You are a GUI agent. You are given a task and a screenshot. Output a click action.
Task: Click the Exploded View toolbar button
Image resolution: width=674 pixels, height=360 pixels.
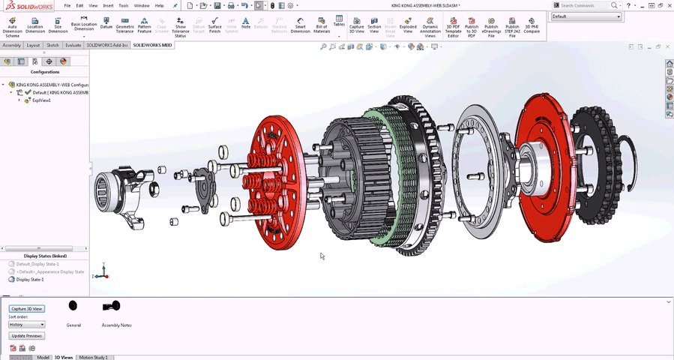point(408,25)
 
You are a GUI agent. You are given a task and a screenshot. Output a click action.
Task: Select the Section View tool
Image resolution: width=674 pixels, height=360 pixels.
point(374,25)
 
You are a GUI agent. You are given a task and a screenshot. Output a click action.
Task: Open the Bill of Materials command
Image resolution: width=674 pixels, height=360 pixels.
point(322,25)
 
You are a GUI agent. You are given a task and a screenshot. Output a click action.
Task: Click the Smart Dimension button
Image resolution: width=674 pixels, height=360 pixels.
point(300,25)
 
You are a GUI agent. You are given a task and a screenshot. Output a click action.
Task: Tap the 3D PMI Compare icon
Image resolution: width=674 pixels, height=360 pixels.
point(532,25)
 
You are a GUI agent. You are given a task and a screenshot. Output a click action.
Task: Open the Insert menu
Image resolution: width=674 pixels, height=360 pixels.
point(108,5)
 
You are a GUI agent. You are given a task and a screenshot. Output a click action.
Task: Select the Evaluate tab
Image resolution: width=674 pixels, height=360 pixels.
point(73,45)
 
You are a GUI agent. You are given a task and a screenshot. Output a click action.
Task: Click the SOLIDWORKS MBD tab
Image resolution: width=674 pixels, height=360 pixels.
point(152,45)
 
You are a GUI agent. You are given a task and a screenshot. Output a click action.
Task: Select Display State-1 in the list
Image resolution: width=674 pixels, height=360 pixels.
point(30,279)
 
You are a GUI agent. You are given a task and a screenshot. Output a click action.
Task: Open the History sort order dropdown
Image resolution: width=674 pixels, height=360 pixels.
point(27,325)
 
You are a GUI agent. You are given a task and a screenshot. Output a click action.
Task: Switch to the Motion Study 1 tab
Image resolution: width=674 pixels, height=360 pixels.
point(93,357)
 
